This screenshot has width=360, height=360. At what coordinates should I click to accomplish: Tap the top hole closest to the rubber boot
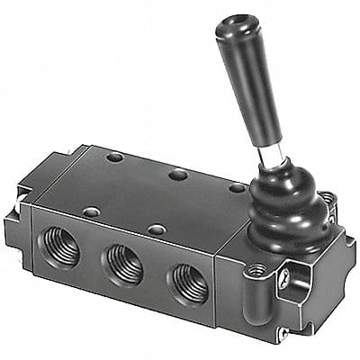point(237,187)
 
